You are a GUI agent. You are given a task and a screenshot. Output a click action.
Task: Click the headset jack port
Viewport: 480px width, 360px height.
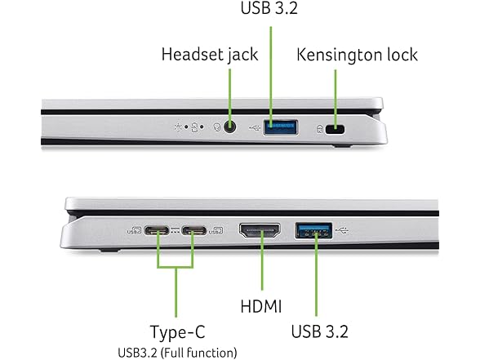(229, 127)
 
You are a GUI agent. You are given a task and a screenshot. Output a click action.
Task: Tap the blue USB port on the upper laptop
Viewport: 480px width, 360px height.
(281, 127)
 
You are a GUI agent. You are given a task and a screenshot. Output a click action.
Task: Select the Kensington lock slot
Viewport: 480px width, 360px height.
(335, 130)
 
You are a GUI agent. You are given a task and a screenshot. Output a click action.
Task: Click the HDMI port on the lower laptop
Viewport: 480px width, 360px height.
(260, 231)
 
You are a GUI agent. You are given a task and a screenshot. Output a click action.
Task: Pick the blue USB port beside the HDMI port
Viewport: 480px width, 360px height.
(313, 230)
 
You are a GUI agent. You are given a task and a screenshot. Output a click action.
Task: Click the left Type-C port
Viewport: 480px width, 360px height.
(157, 230)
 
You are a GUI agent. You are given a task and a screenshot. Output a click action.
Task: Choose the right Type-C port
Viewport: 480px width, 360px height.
(193, 230)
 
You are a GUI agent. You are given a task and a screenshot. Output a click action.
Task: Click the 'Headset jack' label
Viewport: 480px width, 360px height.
(210, 56)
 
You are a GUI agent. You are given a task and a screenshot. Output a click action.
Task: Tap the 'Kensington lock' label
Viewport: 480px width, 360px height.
(357, 55)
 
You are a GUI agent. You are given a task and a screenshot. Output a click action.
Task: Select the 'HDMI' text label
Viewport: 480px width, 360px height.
(261, 306)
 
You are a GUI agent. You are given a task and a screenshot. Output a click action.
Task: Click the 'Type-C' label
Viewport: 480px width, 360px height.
(178, 331)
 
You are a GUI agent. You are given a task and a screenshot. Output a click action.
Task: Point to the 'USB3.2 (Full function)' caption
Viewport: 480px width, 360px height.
(178, 353)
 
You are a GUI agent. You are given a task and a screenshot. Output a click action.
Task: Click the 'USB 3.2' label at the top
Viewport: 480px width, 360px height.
(269, 8)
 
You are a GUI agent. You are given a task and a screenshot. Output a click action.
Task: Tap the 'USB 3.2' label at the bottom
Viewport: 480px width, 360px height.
(320, 331)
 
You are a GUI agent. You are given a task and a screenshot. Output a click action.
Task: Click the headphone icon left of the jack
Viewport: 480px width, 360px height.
(217, 127)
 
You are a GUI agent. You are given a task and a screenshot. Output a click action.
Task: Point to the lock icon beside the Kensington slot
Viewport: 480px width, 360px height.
(320, 129)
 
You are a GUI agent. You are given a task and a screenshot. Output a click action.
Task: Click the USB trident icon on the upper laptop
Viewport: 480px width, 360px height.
(255, 127)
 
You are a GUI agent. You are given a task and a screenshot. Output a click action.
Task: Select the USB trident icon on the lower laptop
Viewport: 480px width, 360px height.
(342, 230)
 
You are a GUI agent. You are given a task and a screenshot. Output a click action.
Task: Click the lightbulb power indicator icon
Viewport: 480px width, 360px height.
(178, 127)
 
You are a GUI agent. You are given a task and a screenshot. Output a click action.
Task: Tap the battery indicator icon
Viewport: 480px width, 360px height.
(194, 127)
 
